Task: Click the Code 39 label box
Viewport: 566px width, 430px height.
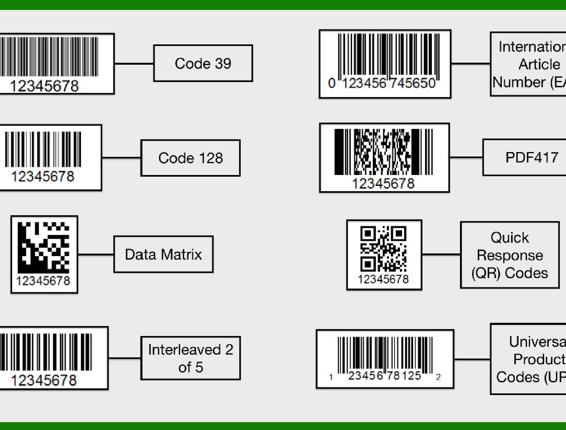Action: pyautogui.click(x=203, y=63)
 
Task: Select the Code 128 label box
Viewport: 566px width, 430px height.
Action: pyautogui.click(x=191, y=158)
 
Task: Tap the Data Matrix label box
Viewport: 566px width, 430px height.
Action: pyautogui.click(x=163, y=254)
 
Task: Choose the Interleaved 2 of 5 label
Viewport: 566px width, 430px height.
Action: pyautogui.click(x=191, y=358)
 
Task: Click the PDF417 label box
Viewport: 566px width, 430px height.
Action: pyautogui.click(x=532, y=157)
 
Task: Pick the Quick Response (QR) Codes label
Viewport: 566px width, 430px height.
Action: pyautogui.click(x=510, y=255)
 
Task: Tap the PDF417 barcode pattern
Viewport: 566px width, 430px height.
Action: pyautogui.click(x=384, y=152)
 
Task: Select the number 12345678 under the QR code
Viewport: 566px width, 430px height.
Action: pyautogui.click(x=383, y=280)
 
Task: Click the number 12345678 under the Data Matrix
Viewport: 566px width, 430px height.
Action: pyautogui.click(x=43, y=281)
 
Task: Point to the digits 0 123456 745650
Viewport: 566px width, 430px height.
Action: pyautogui.click(x=382, y=84)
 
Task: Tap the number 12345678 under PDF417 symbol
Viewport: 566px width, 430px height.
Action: pyautogui.click(x=383, y=183)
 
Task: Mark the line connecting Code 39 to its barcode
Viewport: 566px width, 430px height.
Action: pyautogui.click(x=134, y=64)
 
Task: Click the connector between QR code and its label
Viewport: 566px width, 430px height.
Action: pyautogui.click(x=441, y=254)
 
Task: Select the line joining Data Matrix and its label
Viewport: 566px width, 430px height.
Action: pyautogui.click(x=96, y=255)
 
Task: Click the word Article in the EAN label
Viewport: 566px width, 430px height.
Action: pyautogui.click(x=539, y=65)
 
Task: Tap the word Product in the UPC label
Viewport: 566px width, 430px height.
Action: pyautogui.click(x=537, y=359)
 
